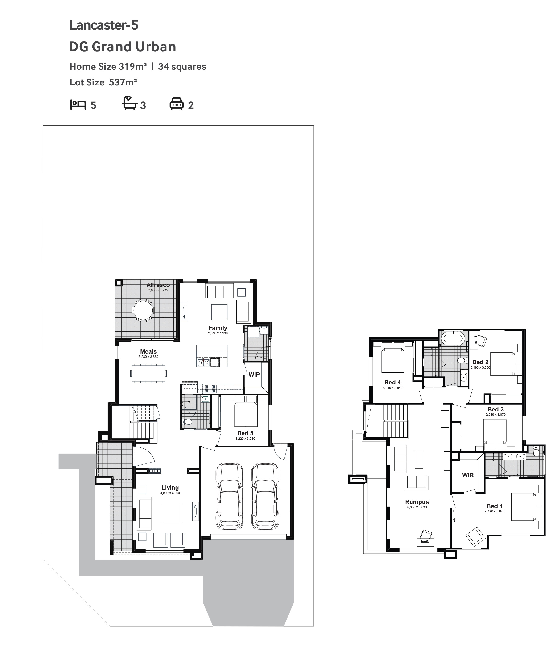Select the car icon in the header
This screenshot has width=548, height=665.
[177, 104]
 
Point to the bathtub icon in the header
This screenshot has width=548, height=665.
[130, 103]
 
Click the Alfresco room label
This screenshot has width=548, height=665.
[158, 285]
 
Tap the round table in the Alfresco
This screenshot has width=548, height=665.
[143, 310]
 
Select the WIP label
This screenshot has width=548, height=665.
[254, 375]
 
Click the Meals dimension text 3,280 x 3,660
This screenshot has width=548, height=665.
[148, 357]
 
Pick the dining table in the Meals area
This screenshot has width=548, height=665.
[148, 373]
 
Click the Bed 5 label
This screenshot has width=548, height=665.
[245, 433]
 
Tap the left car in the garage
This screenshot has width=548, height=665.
[230, 496]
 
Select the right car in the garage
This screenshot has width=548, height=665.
[265, 496]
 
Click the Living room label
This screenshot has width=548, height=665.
[170, 488]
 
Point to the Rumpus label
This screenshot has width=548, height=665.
[417, 502]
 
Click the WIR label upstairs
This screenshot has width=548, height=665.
[468, 475]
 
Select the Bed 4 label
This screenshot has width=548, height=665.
[393, 383]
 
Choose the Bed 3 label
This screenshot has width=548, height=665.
[496, 410]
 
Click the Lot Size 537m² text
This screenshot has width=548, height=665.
[103, 83]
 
